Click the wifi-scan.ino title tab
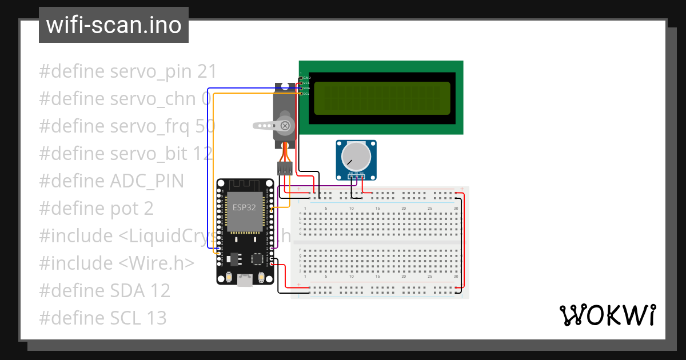114,25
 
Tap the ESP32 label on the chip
244,207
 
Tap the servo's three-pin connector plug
284,168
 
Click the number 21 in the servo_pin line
206,71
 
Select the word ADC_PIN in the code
146,181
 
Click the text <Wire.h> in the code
157,263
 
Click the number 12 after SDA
160,290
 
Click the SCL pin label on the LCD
306,94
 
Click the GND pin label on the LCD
306,77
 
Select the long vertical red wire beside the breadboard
464,240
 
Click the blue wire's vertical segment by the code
208,171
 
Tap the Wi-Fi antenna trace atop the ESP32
244,185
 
